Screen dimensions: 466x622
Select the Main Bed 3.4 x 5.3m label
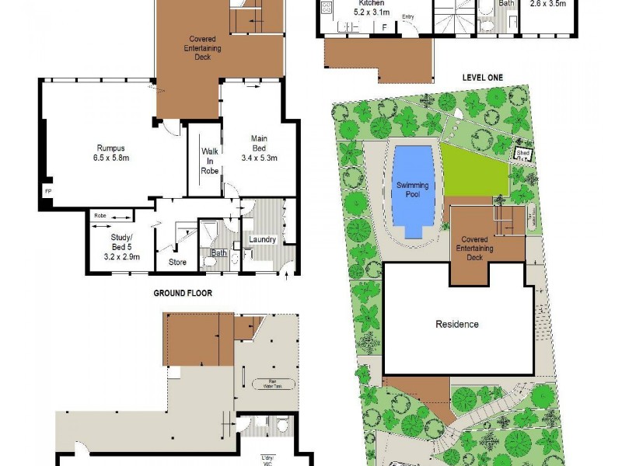pyautogui.click(x=259, y=148)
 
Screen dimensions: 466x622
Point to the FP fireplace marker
pyautogui.click(x=47, y=190)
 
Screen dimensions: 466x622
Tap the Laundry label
pyautogui.click(x=262, y=239)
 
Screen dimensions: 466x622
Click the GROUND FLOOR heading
pyautogui.click(x=182, y=293)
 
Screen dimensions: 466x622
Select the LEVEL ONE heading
pyautogui.click(x=482, y=77)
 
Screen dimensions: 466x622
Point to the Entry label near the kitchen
pyautogui.click(x=408, y=16)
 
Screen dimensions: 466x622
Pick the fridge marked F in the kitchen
pyautogui.click(x=383, y=27)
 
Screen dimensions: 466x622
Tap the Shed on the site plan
pyautogui.click(x=522, y=155)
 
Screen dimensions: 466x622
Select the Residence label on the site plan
pyautogui.click(x=457, y=324)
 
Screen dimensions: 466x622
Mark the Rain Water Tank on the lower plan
pyautogui.click(x=268, y=383)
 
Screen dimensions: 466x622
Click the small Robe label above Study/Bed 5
pyautogui.click(x=100, y=215)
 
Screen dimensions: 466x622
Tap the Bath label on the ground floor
pyautogui.click(x=218, y=252)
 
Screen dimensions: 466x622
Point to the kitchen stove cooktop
pyautogui.click(x=327, y=9)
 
